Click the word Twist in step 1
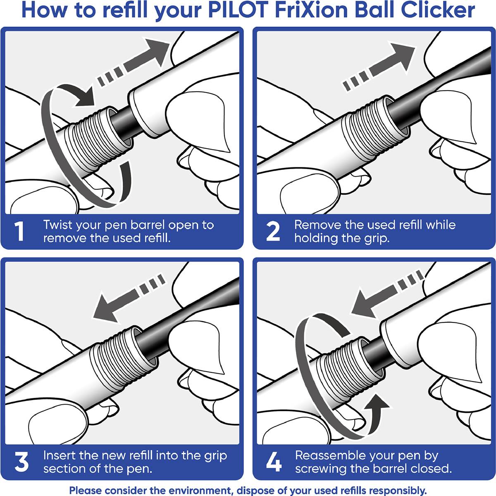pyautogui.click(x=58, y=225)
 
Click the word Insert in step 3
pyautogui.click(x=60, y=455)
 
